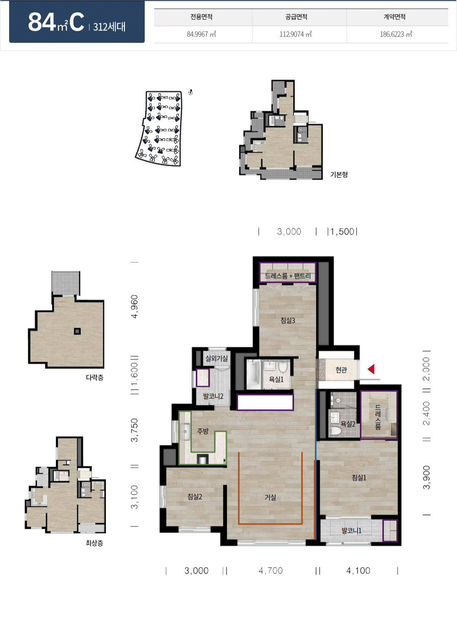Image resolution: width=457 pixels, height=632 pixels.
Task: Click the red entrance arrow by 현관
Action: (371, 369)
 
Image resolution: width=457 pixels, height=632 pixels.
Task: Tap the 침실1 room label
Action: (359, 477)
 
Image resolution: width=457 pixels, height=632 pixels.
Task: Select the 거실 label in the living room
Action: (270, 497)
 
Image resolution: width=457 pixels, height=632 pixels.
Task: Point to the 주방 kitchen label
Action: (203, 431)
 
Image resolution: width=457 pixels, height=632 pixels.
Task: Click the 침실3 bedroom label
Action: (288, 320)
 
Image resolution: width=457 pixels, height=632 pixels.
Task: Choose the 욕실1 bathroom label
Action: (276, 379)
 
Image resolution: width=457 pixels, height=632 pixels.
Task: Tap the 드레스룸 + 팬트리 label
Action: (288, 276)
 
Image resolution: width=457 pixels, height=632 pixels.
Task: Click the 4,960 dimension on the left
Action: (135, 306)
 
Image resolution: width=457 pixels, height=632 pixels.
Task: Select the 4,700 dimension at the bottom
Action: (271, 570)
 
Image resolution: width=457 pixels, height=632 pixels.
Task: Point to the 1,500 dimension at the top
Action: (342, 231)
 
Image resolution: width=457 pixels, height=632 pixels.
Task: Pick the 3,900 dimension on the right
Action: (427, 477)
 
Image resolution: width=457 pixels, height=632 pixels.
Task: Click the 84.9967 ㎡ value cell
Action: (201, 34)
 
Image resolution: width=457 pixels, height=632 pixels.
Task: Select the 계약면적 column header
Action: (394, 17)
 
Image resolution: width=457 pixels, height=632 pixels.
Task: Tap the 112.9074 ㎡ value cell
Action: (296, 34)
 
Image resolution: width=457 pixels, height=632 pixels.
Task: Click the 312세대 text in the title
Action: (109, 27)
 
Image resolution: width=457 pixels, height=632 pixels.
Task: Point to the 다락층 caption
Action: (94, 377)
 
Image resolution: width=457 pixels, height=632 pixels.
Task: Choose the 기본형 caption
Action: (339, 174)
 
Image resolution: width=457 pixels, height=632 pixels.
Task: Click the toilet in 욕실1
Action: (283, 367)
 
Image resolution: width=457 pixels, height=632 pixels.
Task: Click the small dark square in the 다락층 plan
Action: (77, 331)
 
